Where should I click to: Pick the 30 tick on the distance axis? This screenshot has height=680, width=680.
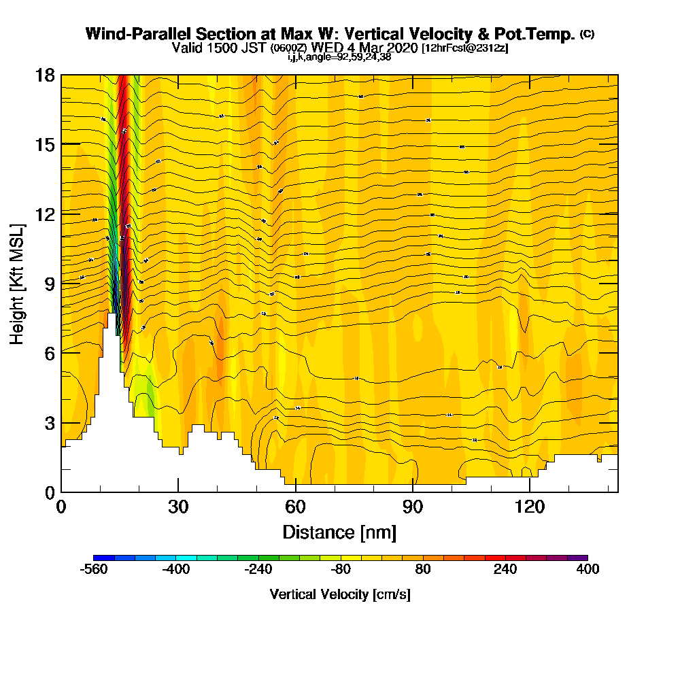point(178,507)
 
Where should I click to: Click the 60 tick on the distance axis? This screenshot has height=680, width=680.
point(295,507)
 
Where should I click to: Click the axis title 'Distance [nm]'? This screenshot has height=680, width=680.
point(339,531)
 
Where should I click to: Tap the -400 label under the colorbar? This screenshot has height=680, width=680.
point(176,570)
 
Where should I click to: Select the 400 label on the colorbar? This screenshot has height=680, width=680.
point(588,570)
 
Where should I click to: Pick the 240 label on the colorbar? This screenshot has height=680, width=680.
point(505,570)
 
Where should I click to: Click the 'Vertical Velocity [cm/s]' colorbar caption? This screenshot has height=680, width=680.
point(340,594)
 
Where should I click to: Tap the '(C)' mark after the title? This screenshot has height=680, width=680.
point(587,34)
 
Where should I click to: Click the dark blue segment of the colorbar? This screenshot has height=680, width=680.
point(104,558)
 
